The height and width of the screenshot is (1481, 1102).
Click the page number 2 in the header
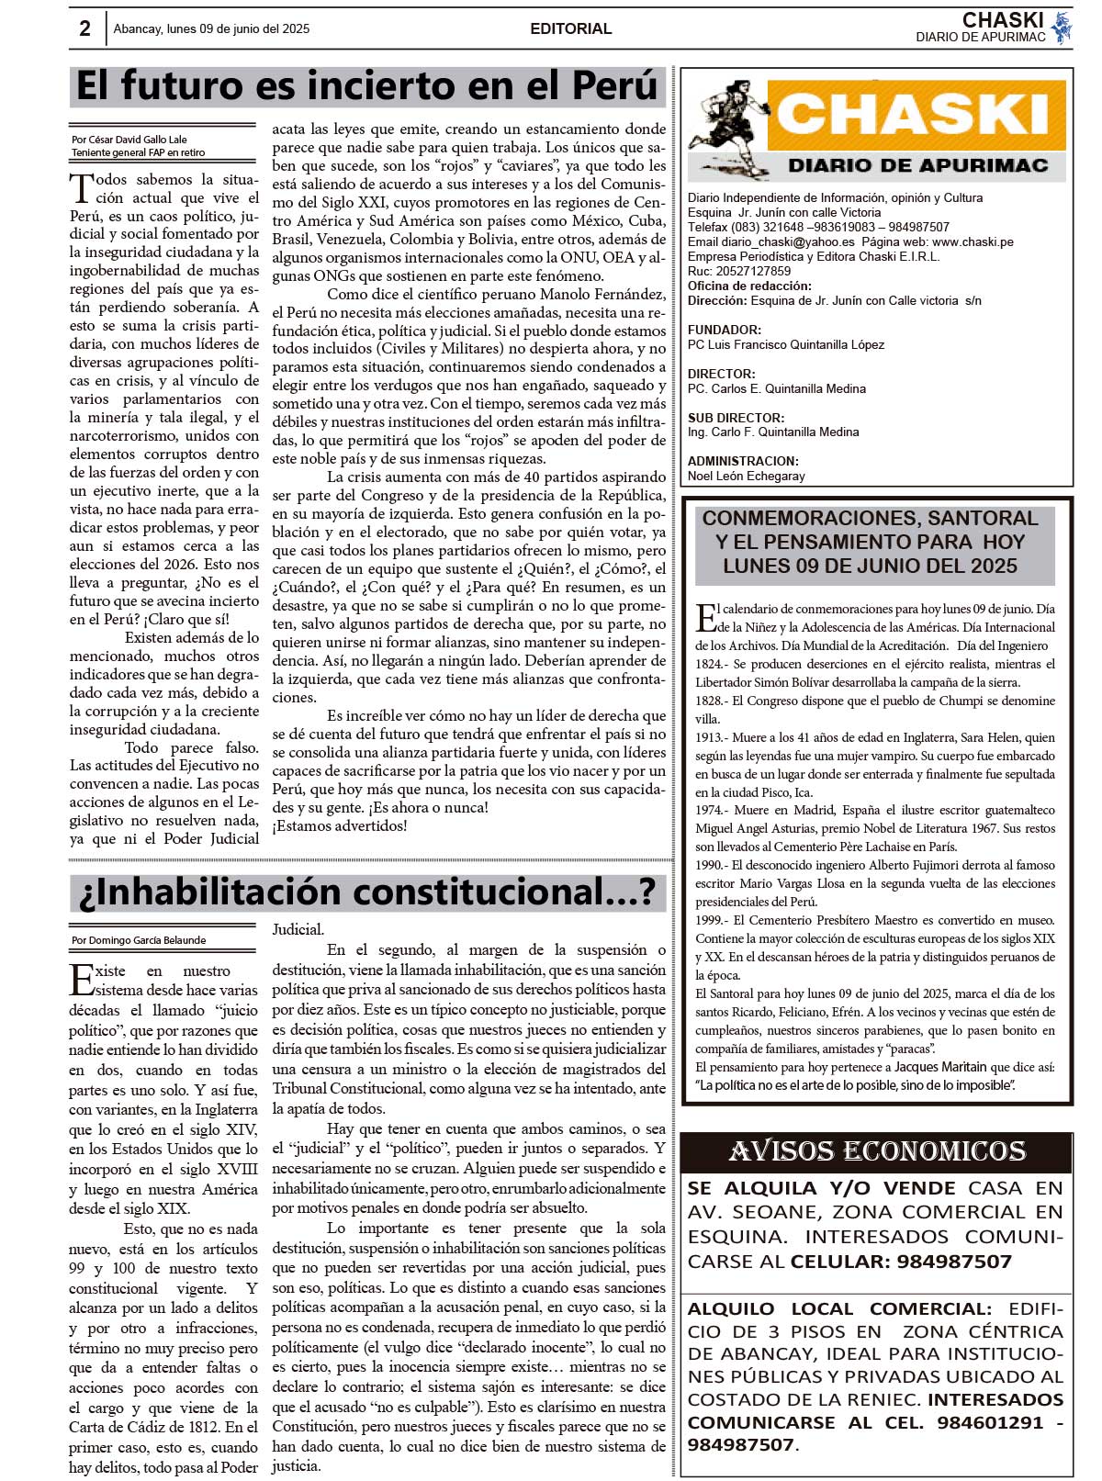(x=84, y=28)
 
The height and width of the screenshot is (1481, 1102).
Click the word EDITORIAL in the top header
(x=570, y=28)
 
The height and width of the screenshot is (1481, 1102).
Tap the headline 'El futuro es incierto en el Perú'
(x=367, y=86)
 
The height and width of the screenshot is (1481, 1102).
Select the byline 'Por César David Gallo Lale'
(x=129, y=140)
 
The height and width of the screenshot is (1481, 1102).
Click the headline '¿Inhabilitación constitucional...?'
(x=367, y=892)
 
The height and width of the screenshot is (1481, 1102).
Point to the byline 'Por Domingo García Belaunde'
(x=139, y=940)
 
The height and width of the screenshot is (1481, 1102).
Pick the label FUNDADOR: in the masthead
(x=724, y=330)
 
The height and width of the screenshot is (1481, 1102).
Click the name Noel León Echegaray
(x=746, y=476)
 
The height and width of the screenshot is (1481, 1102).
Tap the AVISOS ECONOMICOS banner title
(x=877, y=1151)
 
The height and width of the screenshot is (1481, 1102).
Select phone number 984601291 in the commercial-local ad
(x=990, y=1422)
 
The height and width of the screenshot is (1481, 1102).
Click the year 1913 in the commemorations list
(x=708, y=737)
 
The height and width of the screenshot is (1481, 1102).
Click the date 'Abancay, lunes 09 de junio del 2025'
(x=211, y=28)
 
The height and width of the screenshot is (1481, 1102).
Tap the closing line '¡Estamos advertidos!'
(x=339, y=825)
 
